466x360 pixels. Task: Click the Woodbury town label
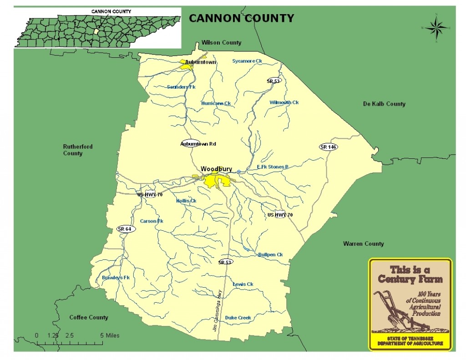(x=216, y=169)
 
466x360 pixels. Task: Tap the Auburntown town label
(x=200, y=62)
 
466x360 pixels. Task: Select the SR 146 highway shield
(x=328, y=147)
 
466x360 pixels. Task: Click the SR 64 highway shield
(x=124, y=229)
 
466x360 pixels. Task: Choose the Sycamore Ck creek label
(x=247, y=61)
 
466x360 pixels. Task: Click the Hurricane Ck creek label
(x=216, y=103)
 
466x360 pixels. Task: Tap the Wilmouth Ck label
(x=284, y=102)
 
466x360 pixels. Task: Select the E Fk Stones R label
(x=273, y=167)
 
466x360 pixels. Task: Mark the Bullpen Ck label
(x=270, y=254)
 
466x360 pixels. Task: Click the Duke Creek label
(x=238, y=318)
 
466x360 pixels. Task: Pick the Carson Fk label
(x=151, y=221)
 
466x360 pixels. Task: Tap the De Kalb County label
(x=384, y=104)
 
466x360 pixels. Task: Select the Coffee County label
(x=89, y=317)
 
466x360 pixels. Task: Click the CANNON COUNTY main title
(x=241, y=18)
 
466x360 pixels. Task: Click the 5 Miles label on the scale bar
(x=110, y=335)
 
